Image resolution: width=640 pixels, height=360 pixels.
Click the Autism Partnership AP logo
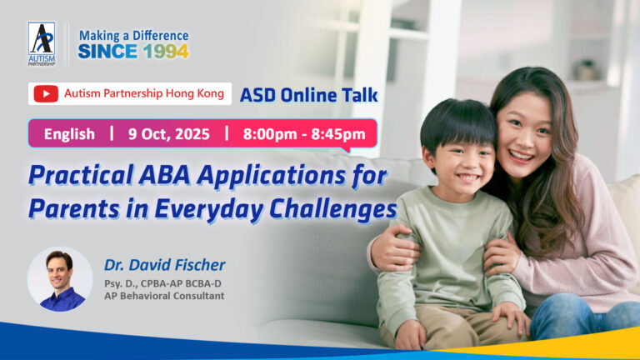pyautogui.click(x=42, y=44)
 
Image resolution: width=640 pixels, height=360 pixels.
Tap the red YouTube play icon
pyautogui.click(x=46, y=94)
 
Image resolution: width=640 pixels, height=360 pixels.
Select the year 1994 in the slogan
pyautogui.click(x=166, y=52)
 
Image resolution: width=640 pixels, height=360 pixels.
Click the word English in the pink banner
pyautogui.click(x=69, y=134)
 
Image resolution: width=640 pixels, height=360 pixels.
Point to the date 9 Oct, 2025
pyautogui.click(x=169, y=134)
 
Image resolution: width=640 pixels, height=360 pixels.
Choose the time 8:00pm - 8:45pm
pyautogui.click(x=304, y=134)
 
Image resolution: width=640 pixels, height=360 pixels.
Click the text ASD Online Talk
pyautogui.click(x=308, y=95)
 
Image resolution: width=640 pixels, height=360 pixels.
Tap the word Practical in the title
pyautogui.click(x=81, y=176)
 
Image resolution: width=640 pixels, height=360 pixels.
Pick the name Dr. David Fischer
pyautogui.click(x=164, y=265)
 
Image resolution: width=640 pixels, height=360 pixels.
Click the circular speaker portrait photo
pyautogui.click(x=60, y=280)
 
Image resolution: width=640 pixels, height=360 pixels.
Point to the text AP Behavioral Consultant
pyautogui.click(x=164, y=296)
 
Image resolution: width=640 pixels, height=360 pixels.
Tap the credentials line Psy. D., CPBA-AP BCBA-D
pyautogui.click(x=162, y=283)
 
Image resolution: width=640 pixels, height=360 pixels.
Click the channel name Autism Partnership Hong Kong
pyautogui.click(x=144, y=93)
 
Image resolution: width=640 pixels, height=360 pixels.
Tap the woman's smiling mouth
pyautogui.click(x=520, y=156)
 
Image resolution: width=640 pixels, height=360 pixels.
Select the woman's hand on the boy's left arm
pyautogui.click(x=502, y=255)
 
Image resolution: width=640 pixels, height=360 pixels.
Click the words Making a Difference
pyautogui.click(x=134, y=36)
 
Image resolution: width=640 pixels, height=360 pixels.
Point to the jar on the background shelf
pyautogui.click(x=586, y=70)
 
